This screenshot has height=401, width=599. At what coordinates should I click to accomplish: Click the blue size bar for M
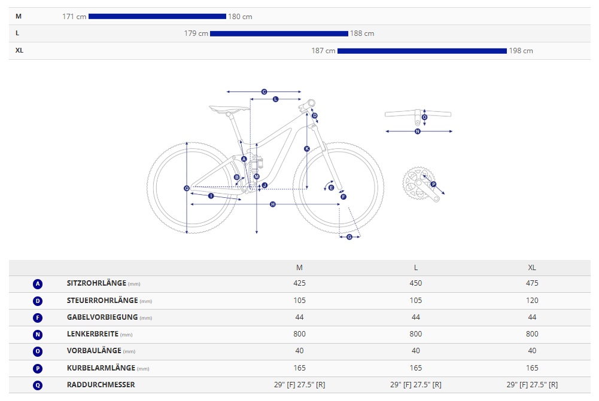point(157,17)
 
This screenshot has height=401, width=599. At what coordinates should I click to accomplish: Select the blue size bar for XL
point(422,51)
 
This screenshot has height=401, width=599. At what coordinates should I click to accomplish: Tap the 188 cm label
point(362,33)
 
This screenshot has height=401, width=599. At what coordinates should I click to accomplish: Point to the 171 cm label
point(74,17)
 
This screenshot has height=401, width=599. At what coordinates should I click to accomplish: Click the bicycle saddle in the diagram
point(229,109)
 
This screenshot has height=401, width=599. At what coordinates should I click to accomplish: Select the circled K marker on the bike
point(307,148)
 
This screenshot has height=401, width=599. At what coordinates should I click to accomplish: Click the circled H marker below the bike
point(273,204)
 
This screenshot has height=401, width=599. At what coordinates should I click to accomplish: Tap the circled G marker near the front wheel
point(349,237)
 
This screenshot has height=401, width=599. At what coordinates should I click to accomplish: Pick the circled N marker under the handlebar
point(418,131)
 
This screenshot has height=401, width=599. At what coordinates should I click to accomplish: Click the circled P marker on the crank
point(434,184)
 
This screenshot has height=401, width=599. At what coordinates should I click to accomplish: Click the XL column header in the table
point(532,267)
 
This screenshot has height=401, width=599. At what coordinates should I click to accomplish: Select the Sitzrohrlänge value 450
point(416,283)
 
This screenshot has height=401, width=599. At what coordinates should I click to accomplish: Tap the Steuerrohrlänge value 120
point(532,301)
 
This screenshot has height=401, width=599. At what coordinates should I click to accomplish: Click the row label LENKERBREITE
point(93,334)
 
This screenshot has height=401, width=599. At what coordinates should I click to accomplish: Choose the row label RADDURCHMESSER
point(101,385)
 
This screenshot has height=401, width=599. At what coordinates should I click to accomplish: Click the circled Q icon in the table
point(38,385)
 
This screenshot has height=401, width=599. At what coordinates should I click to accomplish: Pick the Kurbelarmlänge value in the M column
point(299,368)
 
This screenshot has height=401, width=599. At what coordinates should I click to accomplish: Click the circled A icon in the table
point(38,284)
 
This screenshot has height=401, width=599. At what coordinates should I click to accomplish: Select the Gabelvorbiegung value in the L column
point(416,317)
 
